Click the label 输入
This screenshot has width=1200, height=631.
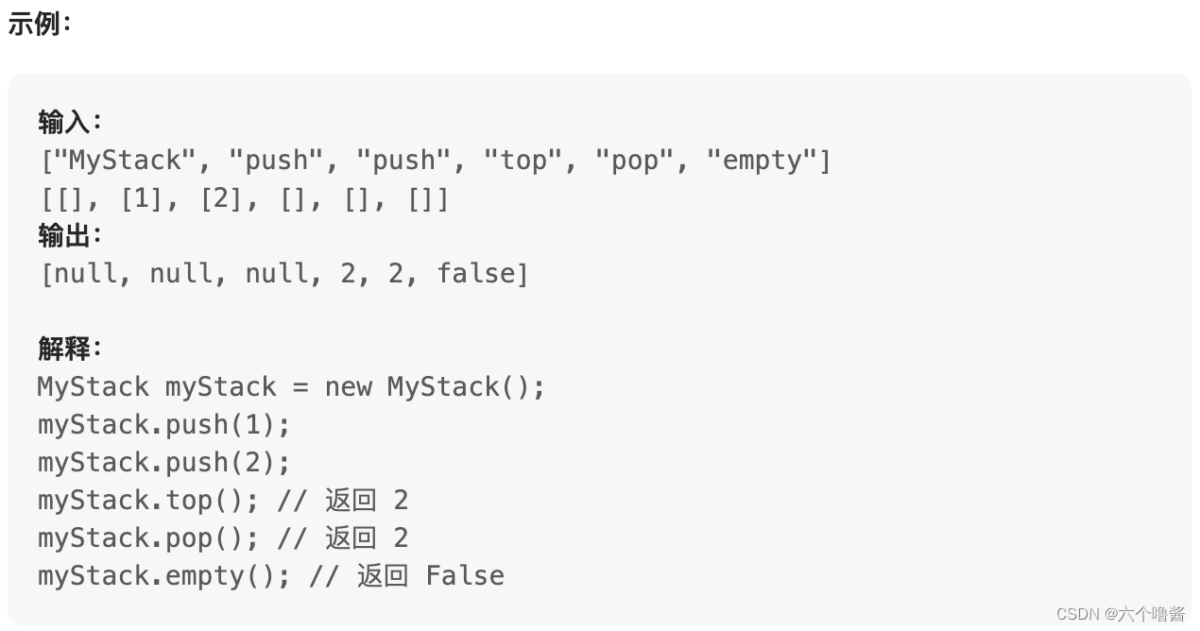65,122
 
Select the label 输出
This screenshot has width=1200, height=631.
65,235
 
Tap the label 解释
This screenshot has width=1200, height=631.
65,349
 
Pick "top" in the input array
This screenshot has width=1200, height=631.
523,161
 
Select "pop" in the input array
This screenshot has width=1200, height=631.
635,161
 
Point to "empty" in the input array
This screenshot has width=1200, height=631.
762,161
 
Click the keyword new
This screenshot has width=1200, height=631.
348,387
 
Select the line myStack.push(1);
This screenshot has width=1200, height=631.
163,425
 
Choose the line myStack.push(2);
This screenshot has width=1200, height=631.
163,463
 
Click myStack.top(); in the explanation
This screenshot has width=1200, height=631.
147,501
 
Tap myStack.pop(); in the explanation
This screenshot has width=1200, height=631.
147,538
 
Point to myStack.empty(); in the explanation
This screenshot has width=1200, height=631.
163,576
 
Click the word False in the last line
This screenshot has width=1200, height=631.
465,576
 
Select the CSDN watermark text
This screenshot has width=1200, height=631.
1120,614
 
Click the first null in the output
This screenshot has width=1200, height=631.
86,274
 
